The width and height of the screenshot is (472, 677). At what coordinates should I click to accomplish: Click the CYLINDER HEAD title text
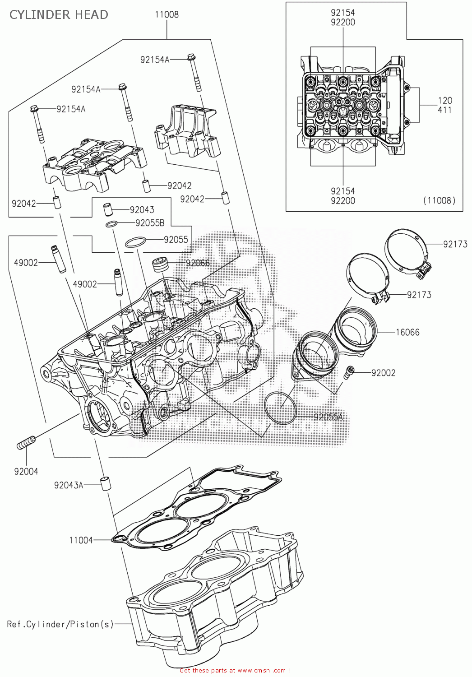pos(59,14)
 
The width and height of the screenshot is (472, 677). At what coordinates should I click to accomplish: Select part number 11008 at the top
pos(167,14)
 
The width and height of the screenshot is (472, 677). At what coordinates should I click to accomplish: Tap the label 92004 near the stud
pos(26,471)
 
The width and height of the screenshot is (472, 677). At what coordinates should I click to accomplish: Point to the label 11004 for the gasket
pos(81,540)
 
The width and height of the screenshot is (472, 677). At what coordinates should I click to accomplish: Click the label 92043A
pos(69,485)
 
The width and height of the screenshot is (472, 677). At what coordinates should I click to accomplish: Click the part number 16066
pos(407,332)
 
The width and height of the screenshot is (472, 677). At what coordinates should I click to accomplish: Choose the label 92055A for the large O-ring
pos(328,417)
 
